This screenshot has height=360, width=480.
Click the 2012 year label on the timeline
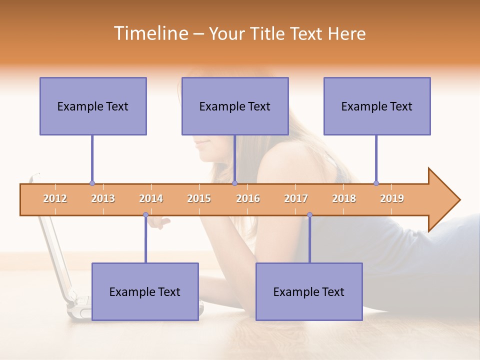pyautogui.click(x=55, y=198)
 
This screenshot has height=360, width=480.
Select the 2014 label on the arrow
pyautogui.click(x=151, y=198)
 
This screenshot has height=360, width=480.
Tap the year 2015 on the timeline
pyautogui.click(x=199, y=198)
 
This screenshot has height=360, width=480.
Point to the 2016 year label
pyautogui.click(x=248, y=198)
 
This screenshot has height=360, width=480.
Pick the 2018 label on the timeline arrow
pyautogui.click(x=344, y=198)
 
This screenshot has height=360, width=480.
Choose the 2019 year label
pyautogui.click(x=392, y=198)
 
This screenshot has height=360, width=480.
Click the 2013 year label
pyautogui.click(x=103, y=198)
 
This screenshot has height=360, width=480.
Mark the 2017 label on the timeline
pyautogui.click(x=296, y=198)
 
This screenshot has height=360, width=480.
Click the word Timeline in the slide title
pyautogui.click(x=150, y=33)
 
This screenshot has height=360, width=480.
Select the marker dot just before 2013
pyautogui.click(x=92, y=183)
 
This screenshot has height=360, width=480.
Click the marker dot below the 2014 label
pyautogui.click(x=145, y=215)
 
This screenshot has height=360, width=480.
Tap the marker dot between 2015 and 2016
pyautogui.click(x=234, y=183)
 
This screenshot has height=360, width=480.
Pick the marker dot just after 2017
pyautogui.click(x=309, y=215)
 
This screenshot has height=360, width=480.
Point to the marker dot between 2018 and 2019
pyautogui.click(x=376, y=183)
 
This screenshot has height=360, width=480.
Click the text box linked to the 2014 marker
pyautogui.click(x=145, y=291)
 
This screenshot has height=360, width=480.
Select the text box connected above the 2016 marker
pyautogui.click(x=235, y=106)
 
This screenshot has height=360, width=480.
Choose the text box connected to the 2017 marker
pyautogui.click(x=309, y=291)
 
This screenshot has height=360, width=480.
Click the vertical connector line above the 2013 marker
pyautogui.click(x=92, y=159)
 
